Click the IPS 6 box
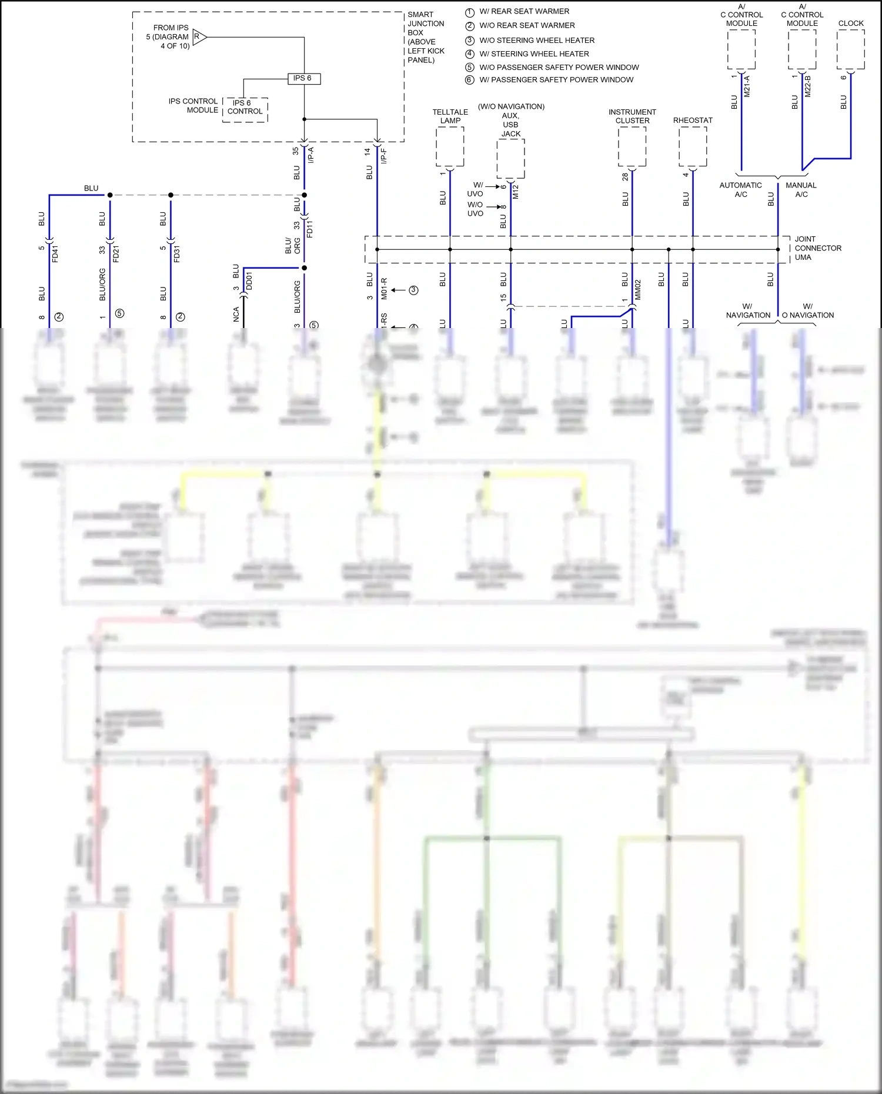(303, 78)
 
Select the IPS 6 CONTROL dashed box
(245, 109)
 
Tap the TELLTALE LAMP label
(450, 116)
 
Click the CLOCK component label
(850, 24)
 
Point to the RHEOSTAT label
(692, 121)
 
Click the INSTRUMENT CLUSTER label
(632, 116)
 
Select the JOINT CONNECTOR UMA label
(817, 248)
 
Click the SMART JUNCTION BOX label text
(426, 37)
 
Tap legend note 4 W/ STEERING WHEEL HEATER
(533, 54)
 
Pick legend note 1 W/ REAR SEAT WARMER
(523, 12)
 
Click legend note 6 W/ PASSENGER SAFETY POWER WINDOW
(556, 80)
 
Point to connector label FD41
(55, 254)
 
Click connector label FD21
(116, 254)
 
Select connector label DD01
(249, 280)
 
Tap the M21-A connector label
(747, 86)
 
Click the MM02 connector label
(638, 290)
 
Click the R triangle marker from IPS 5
(198, 37)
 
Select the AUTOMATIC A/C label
(740, 190)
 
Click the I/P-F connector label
(383, 156)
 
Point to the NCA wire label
(236, 314)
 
